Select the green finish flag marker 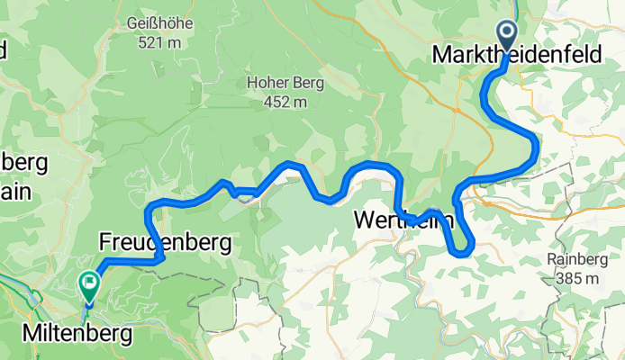[x=89, y=286]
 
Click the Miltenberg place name [x=76, y=334]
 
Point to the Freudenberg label [x=165, y=242]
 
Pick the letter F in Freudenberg [x=104, y=242]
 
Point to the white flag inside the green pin [x=89, y=283]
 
